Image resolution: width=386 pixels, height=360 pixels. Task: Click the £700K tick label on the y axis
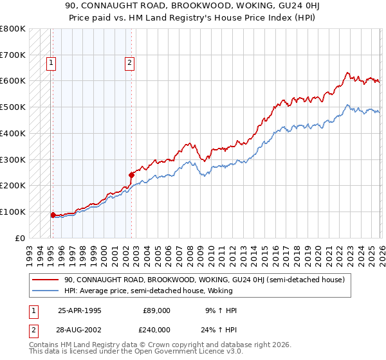click(13, 55)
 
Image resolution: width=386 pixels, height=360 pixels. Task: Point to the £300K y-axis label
click(13, 159)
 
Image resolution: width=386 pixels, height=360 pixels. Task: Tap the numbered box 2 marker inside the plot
click(129, 63)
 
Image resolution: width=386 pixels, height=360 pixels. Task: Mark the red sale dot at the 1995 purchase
click(53, 215)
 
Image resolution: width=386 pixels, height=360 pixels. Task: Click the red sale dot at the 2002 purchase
click(131, 175)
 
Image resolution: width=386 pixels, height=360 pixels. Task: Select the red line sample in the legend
click(46, 280)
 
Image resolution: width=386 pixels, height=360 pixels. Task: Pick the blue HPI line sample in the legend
click(46, 291)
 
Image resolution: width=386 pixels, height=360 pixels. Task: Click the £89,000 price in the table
click(157, 310)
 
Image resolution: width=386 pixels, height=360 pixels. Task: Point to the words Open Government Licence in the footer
click(174, 352)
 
